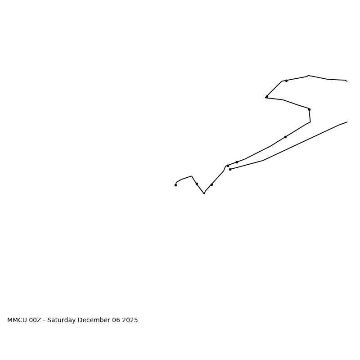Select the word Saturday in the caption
point(62,320)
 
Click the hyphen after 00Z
point(44,320)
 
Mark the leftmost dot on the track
point(175,185)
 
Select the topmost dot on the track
point(286,81)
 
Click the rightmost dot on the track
point(309,109)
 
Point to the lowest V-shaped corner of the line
point(204,193)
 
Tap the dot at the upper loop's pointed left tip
point(267,96)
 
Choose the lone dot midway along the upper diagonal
point(285,137)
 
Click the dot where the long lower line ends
point(230,169)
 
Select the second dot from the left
point(197,184)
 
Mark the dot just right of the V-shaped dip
point(211,184)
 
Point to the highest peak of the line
point(308,76)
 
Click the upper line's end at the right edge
point(347,81)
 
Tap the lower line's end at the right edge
point(347,122)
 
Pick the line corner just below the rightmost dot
point(310,121)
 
